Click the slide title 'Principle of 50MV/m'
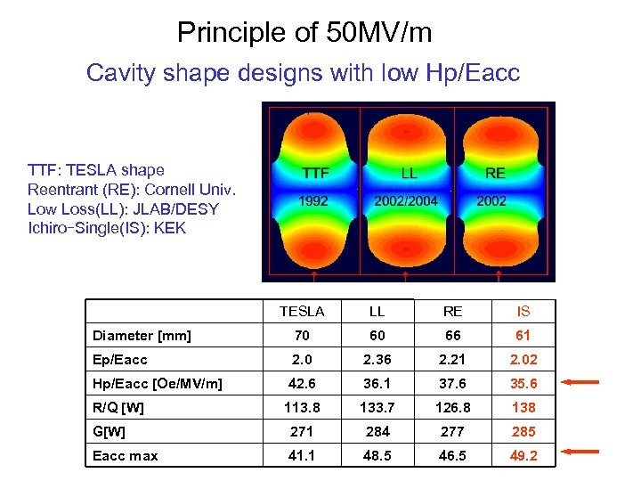click(304, 33)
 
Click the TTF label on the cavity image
click(315, 173)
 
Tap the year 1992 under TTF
click(312, 201)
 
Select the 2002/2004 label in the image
click(406, 201)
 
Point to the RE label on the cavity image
click(495, 173)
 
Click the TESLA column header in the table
click(302, 312)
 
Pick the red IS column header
click(523, 312)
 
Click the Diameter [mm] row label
click(142, 336)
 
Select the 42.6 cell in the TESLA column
click(302, 384)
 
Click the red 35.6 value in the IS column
click(523, 384)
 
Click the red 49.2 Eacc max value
click(523, 455)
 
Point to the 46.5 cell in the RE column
click(452, 455)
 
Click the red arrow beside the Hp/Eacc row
click(583, 383)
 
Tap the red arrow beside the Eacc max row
click(583, 452)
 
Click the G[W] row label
click(110, 432)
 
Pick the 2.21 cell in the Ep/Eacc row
click(452, 360)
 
